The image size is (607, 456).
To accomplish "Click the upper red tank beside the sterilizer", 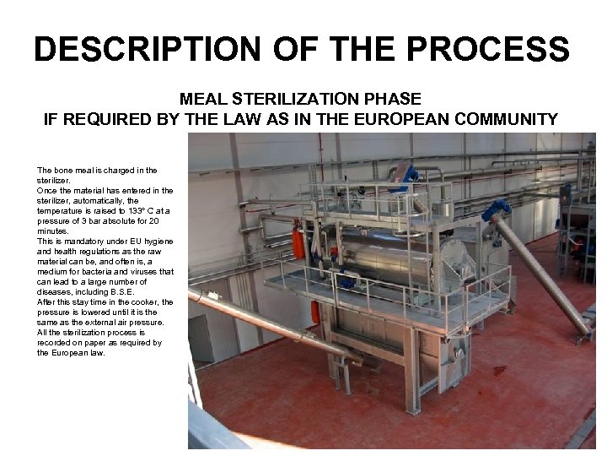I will (x=298, y=243).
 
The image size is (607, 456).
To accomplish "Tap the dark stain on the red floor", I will (x=500, y=370).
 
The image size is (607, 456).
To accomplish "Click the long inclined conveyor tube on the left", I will (x=270, y=321).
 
